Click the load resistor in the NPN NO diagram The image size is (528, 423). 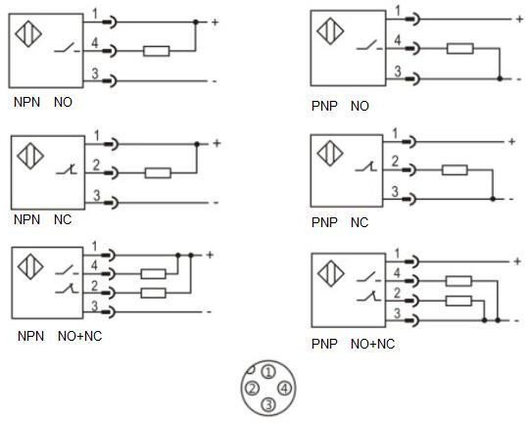(x=157, y=51)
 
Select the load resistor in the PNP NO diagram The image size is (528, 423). (x=460, y=48)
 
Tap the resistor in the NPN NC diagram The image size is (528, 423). (x=158, y=173)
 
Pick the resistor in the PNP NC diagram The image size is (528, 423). (x=455, y=170)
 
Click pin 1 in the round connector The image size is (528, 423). (x=268, y=372)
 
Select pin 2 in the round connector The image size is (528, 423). (x=252, y=389)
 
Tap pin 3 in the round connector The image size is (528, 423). (x=268, y=404)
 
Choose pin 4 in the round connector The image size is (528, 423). (x=284, y=389)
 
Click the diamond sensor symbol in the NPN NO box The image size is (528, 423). (x=28, y=34)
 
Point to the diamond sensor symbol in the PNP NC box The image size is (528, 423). (x=330, y=153)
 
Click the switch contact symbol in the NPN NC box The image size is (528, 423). (x=67, y=170)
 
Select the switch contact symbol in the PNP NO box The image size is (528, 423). (x=369, y=45)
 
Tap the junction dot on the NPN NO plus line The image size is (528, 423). (x=196, y=23)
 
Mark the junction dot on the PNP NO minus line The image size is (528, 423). (x=500, y=78)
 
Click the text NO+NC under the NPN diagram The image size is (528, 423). (x=79, y=336)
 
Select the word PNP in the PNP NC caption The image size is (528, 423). (x=324, y=222)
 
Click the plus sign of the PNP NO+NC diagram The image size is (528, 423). (x=517, y=261)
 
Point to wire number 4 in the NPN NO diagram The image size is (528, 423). (x=95, y=43)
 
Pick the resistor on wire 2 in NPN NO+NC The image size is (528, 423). (x=153, y=293)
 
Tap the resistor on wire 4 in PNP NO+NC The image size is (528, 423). (x=458, y=281)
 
